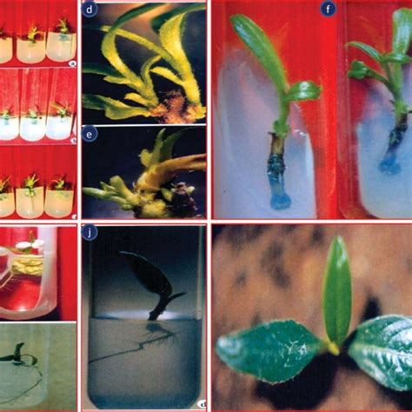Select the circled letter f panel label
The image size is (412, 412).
pyautogui.click(x=328, y=10)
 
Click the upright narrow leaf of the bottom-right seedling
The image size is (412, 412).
pyautogui.click(x=336, y=291)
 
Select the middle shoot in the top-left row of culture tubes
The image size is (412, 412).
pyautogui.click(x=34, y=34)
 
